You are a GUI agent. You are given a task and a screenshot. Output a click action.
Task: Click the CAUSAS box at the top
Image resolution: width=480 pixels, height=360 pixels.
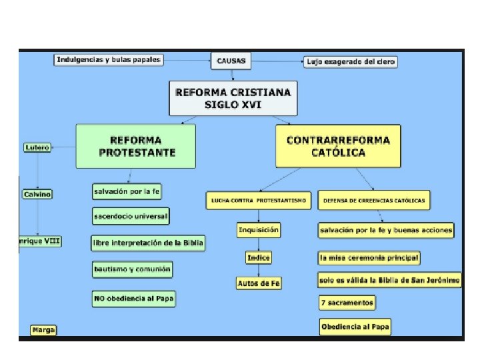(x=231, y=61)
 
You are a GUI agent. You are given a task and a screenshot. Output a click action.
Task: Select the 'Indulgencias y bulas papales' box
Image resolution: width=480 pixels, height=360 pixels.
(x=108, y=60)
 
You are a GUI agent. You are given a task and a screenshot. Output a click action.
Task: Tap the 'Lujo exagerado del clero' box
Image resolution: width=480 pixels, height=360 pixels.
(x=351, y=62)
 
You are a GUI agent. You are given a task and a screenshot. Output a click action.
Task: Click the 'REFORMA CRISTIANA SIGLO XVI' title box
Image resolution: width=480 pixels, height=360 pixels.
(x=233, y=99)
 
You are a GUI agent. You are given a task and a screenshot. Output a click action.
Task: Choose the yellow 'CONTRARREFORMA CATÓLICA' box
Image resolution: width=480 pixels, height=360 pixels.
(x=338, y=146)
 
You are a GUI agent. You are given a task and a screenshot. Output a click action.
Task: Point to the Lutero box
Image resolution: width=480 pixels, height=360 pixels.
(x=37, y=147)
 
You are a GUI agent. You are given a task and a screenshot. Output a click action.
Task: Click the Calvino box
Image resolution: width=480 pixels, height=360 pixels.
(x=37, y=194)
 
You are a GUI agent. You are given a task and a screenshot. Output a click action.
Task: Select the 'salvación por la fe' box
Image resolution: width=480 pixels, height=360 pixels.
(x=127, y=191)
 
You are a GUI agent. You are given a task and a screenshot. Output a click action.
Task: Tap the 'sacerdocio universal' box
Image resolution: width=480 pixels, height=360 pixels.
(x=131, y=217)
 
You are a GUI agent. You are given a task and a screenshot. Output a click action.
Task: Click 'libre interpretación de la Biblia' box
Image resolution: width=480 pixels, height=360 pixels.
(x=148, y=243)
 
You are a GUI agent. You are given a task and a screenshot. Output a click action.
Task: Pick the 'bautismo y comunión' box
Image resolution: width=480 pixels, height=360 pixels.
(x=133, y=269)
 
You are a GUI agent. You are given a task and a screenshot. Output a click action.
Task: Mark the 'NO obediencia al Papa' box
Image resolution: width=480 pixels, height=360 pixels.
(x=134, y=299)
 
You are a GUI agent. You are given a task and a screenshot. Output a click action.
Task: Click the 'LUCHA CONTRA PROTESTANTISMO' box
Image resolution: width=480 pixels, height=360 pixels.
(x=259, y=200)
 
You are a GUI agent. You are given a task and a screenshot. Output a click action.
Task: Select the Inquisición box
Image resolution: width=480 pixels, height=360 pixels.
(x=259, y=230)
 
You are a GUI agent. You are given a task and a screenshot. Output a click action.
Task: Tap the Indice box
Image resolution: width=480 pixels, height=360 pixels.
(x=258, y=257)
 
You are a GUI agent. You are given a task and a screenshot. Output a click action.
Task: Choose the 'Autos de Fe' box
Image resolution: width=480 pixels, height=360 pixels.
(x=259, y=283)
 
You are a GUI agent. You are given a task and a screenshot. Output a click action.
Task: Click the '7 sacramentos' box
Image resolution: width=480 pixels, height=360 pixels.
(x=347, y=303)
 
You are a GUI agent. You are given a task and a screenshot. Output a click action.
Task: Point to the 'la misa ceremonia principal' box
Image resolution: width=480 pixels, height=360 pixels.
(x=369, y=257)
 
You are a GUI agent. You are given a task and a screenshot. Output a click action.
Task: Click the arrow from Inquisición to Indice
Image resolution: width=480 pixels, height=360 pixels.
(x=259, y=244)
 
